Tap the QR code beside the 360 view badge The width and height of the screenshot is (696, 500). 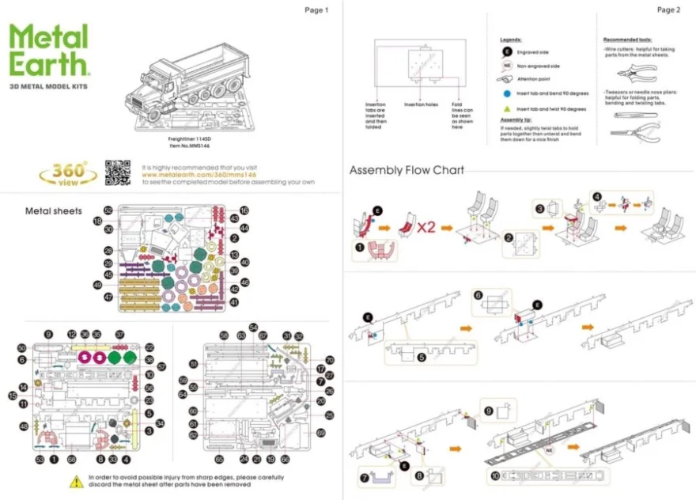118,172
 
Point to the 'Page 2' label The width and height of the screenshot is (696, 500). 668,9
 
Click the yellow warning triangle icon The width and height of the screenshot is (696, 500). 75,481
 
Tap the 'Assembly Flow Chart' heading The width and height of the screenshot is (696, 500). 407,170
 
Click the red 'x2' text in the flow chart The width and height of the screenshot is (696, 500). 426,226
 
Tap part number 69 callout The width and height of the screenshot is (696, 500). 320,433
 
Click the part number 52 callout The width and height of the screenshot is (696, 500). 108,210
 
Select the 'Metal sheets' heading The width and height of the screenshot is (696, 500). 54,211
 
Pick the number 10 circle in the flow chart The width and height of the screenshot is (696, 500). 495,476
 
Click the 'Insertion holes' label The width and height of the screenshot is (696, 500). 421,104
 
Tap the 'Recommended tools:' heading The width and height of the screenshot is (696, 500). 627,39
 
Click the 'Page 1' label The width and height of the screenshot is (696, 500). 316,9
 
